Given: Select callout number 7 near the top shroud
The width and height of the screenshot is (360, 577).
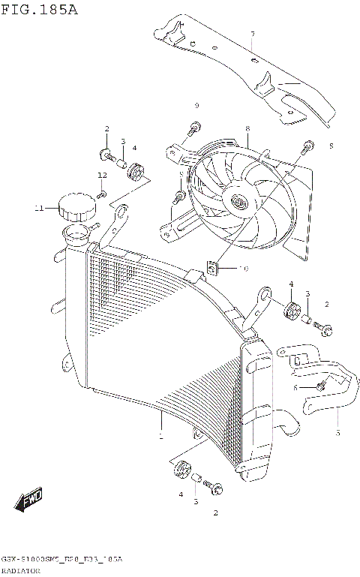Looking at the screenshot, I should [252, 35].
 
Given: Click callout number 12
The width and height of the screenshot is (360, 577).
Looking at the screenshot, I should [101, 176].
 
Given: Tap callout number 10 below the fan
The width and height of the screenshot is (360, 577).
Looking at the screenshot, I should [242, 268].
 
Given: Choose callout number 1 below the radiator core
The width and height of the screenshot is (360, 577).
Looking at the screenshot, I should [160, 434].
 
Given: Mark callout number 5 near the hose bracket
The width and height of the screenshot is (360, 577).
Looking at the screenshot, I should [337, 433].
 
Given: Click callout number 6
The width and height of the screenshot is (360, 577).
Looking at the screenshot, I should [295, 387].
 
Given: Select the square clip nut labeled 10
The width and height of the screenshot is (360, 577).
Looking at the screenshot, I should [213, 266].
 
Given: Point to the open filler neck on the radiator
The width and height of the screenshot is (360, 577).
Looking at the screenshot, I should [77, 234].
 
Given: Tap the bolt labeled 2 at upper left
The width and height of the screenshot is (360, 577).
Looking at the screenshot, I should [105, 155].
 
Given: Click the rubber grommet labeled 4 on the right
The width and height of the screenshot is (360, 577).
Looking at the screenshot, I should [289, 309].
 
